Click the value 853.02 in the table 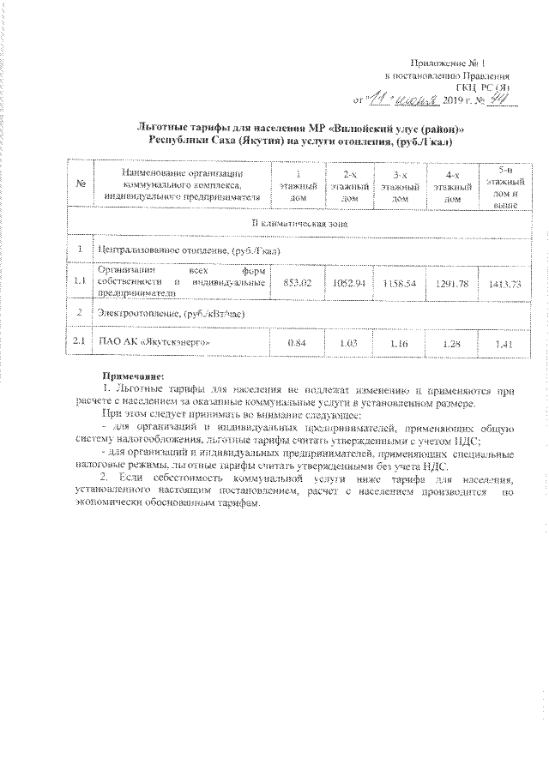tap(296, 282)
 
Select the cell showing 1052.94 tap(348, 282)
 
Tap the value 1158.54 tap(399, 282)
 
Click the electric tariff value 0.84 tap(296, 343)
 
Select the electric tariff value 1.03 tap(348, 343)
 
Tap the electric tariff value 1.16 tap(399, 343)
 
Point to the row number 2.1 tap(79, 343)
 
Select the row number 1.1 tap(79, 281)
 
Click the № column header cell tap(79, 185)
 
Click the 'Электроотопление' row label tap(172, 313)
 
